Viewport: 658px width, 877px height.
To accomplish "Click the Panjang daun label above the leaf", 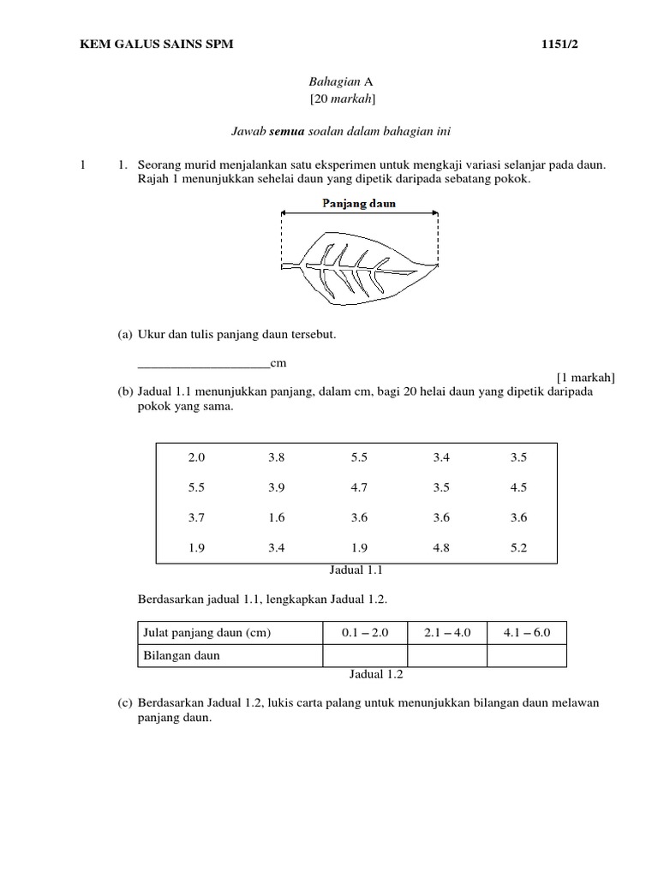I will pyautogui.click(x=359, y=204).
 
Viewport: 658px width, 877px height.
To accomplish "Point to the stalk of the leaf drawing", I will pyautogui.click(x=290, y=263).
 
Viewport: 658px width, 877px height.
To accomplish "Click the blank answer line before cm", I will pyautogui.click(x=203, y=364).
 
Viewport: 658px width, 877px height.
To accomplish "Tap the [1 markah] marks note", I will pyautogui.click(x=585, y=377).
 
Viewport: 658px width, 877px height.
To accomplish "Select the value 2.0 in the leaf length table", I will pyautogui.click(x=196, y=457).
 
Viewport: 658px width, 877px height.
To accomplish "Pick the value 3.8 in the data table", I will pyautogui.click(x=276, y=457).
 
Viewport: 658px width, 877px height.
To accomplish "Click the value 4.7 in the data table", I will pyautogui.click(x=359, y=487).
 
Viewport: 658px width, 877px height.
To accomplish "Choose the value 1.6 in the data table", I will pyautogui.click(x=276, y=517).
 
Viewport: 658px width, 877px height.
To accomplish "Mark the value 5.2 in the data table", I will pyautogui.click(x=518, y=547).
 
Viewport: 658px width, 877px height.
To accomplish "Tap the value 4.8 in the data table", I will pyautogui.click(x=441, y=547).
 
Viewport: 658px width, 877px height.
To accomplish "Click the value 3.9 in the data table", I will pyautogui.click(x=276, y=487).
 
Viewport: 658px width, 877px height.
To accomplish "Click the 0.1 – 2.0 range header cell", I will pyautogui.click(x=365, y=633).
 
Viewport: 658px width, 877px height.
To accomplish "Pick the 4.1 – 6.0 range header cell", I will pyautogui.click(x=526, y=633).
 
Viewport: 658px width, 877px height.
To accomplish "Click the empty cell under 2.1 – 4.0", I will pyautogui.click(x=446, y=655).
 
